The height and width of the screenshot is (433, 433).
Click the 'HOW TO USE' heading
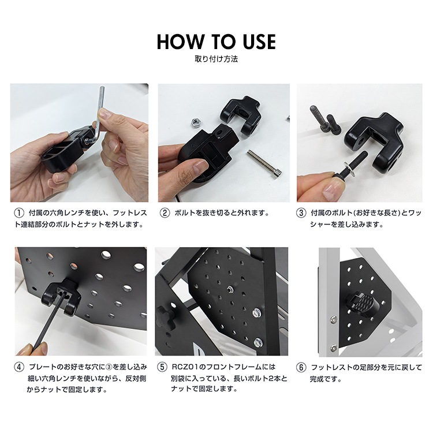[216, 42]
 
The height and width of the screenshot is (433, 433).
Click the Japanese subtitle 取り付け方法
[216, 59]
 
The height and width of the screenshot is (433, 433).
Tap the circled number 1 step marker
[19, 213]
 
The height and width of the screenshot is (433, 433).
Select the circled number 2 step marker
[165, 213]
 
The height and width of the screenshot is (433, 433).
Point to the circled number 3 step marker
[301, 213]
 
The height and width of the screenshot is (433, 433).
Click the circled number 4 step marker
[19, 367]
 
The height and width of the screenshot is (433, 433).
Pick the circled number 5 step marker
[162, 367]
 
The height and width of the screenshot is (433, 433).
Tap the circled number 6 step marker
[301, 368]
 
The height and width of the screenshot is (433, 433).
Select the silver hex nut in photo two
[196, 122]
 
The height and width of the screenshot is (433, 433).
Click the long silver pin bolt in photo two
[264, 164]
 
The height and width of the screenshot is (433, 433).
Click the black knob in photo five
[165, 316]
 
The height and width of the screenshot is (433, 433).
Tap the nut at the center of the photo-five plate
[229, 289]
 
